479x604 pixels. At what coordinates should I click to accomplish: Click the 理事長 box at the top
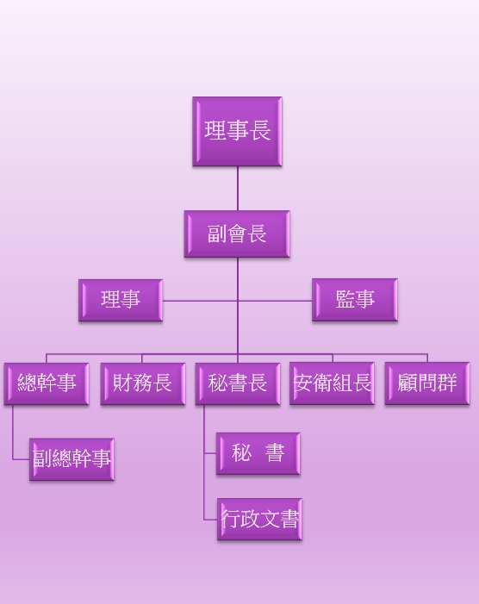(237, 131)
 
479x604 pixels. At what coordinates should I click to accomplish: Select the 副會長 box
(237, 234)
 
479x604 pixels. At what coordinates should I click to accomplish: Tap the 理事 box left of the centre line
(121, 300)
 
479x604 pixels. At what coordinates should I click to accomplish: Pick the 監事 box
(355, 300)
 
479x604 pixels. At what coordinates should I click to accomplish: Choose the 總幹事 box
(47, 383)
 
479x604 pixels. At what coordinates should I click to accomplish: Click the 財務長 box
(143, 383)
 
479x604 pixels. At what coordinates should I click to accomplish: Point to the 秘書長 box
(238, 383)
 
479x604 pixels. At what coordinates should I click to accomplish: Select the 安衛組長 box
(332, 383)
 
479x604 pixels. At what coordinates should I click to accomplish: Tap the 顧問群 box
(427, 383)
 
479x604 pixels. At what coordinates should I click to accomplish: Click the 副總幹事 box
(72, 459)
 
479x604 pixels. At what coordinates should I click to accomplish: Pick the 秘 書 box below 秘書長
(258, 453)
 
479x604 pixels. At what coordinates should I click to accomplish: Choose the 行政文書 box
(259, 520)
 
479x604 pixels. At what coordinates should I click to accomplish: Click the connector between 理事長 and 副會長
(238, 189)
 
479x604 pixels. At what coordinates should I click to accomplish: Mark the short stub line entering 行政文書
(210, 520)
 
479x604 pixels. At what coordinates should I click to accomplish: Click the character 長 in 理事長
(260, 130)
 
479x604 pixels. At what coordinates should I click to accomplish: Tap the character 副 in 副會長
(217, 234)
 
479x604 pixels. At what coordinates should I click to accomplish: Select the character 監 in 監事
(345, 299)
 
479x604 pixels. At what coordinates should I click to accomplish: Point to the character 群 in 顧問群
(446, 383)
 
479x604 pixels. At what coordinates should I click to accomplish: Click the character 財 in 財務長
(122, 383)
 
